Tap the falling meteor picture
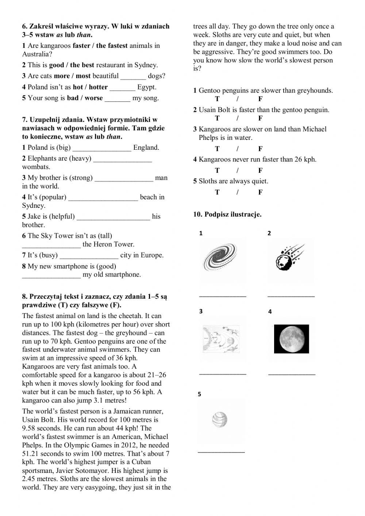tap(290, 259)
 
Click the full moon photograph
tap(291, 339)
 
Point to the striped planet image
tap(220, 420)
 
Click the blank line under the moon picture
tap(292, 374)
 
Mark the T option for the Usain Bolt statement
tap(217, 118)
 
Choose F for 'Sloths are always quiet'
tap(260, 192)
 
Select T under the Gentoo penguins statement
tap(217, 99)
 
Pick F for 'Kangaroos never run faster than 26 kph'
tap(260, 171)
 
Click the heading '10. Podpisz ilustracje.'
tap(227, 214)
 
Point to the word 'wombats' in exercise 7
tap(36, 167)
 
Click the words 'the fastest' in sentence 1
tap(112, 46)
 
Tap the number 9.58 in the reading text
tap(30, 428)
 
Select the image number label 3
tap(201, 311)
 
